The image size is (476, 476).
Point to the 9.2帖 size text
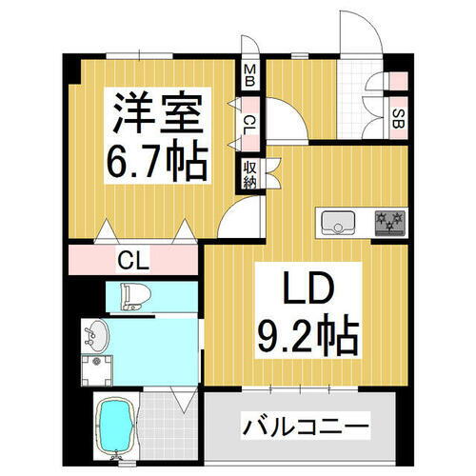point(307,335)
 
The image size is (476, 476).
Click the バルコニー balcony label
point(304,425)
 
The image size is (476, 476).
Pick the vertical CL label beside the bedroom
point(249,123)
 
